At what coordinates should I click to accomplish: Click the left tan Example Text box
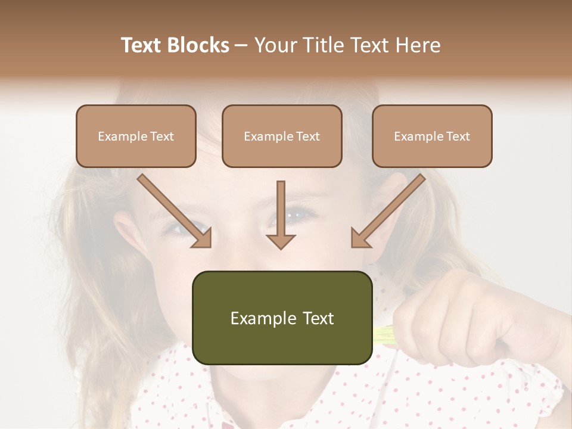click(x=136, y=136)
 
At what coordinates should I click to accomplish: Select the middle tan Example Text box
click(x=282, y=136)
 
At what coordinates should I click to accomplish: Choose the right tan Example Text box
click(x=432, y=136)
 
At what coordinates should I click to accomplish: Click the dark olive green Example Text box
click(x=282, y=318)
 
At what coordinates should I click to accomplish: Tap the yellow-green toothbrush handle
click(x=384, y=335)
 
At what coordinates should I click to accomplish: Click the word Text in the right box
click(x=458, y=136)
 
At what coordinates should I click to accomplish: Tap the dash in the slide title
click(x=242, y=45)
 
